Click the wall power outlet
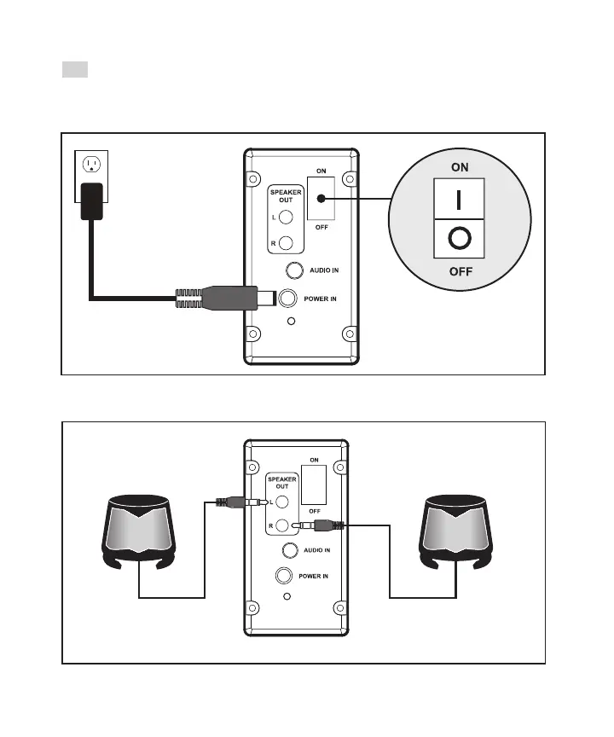pos(90,165)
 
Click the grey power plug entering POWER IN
pos(225,298)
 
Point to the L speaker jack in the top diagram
pos(287,218)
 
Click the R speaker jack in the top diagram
pos(287,242)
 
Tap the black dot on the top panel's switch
pos(321,199)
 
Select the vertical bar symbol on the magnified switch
pos(460,200)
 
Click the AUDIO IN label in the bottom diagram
pos(317,550)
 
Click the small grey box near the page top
pos(75,68)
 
